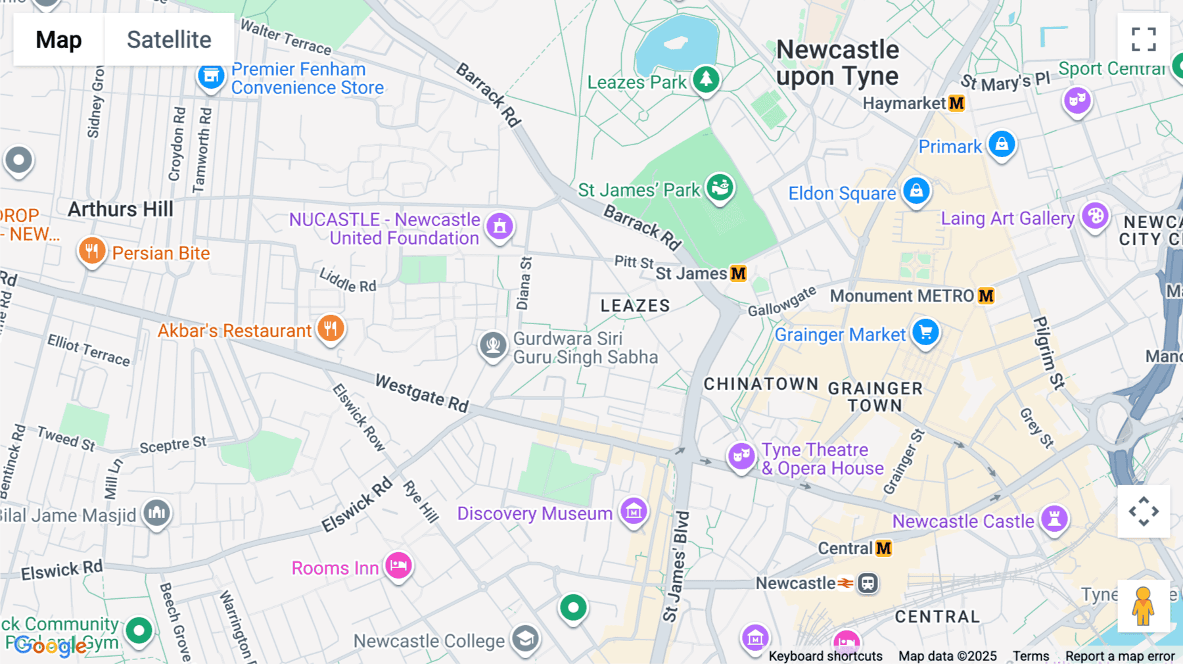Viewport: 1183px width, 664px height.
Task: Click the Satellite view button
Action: coord(169,39)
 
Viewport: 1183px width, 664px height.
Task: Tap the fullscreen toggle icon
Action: coord(1144,39)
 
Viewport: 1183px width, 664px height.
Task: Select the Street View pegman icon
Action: coord(1144,606)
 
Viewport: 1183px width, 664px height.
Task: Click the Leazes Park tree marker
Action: coord(706,80)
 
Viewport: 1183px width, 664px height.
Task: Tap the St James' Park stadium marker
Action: coord(720,188)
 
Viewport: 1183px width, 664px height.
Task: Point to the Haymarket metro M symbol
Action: coord(957,103)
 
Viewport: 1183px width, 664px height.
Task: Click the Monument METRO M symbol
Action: coord(986,296)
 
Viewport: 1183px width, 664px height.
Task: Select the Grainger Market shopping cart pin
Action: coord(925,333)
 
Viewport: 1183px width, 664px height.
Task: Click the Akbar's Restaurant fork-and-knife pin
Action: coord(331,328)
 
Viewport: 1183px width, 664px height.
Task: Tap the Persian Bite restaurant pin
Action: coord(92,251)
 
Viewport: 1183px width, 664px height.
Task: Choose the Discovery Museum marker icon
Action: coord(634,511)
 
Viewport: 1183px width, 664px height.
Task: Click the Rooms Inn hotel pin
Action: coord(398,565)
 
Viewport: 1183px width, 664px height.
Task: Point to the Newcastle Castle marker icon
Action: coord(1054,519)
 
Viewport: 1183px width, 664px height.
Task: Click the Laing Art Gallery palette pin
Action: coord(1095,216)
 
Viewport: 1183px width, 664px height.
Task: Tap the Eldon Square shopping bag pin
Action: coord(916,191)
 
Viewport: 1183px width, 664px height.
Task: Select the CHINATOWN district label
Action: coord(761,384)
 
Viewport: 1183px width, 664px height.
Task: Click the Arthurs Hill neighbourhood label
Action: coord(121,209)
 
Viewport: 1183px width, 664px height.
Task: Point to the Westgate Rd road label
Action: coord(421,393)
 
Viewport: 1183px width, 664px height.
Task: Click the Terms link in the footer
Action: coord(1031,655)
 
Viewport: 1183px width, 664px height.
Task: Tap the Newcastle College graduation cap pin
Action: coord(525,638)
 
